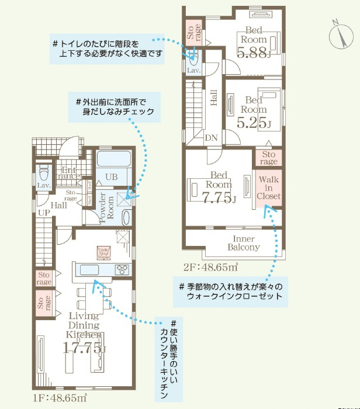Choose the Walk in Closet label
click(x=268, y=188)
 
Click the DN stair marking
click(x=212, y=138)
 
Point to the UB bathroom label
click(x=112, y=176)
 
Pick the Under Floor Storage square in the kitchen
click(x=105, y=252)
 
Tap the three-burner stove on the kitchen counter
click(x=123, y=269)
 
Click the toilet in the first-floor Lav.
click(x=43, y=174)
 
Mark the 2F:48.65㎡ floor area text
click(x=210, y=268)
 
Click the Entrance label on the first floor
click(x=70, y=172)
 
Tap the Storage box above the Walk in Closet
click(x=268, y=158)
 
